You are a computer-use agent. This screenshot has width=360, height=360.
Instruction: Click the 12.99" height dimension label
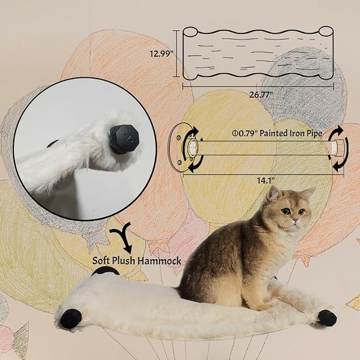pyautogui.click(x=162, y=54)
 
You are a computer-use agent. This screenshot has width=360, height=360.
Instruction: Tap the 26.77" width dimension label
pyautogui.click(x=258, y=94)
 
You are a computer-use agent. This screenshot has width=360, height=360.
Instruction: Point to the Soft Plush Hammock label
pyautogui.click(x=137, y=260)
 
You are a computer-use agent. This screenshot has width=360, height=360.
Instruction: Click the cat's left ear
pyautogui.click(x=274, y=194)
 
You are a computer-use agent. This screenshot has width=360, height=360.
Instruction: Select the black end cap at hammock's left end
pyautogui.click(x=71, y=319)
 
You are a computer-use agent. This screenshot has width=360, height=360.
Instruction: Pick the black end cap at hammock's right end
pyautogui.click(x=327, y=318)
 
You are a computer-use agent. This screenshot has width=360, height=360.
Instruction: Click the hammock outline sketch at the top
pyautogui.click(x=258, y=52)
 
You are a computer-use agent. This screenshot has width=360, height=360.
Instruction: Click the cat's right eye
pyautogui.click(x=286, y=211)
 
